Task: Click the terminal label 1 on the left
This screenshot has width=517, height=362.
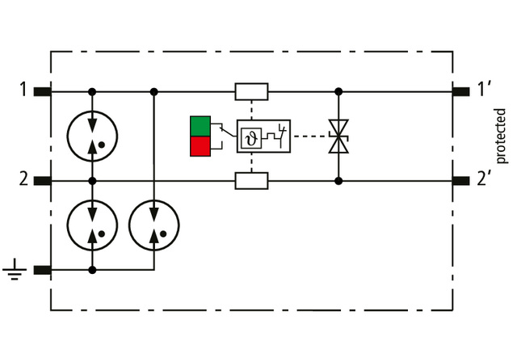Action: pos(23,89)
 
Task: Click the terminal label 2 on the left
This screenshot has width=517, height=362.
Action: pos(23,179)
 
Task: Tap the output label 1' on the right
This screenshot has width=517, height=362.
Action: pos(485,89)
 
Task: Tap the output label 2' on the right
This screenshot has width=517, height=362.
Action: pos(485,179)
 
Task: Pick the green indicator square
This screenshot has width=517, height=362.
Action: pos(200,126)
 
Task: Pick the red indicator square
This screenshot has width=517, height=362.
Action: pos(200,145)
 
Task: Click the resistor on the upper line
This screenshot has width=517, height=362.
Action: pos(251,91)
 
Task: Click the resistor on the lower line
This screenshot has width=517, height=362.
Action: pos(251,180)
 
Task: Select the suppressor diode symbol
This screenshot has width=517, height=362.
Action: pos(338,136)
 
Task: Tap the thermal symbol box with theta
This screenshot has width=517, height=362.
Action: pos(250,136)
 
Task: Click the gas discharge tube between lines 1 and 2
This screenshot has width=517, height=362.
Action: pos(92,136)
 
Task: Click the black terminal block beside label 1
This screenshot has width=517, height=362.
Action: pos(43,90)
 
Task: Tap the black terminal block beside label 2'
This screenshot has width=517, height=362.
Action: pos(461,180)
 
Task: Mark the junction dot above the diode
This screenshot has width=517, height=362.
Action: pos(338,91)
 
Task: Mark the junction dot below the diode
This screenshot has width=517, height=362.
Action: pos(338,180)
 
